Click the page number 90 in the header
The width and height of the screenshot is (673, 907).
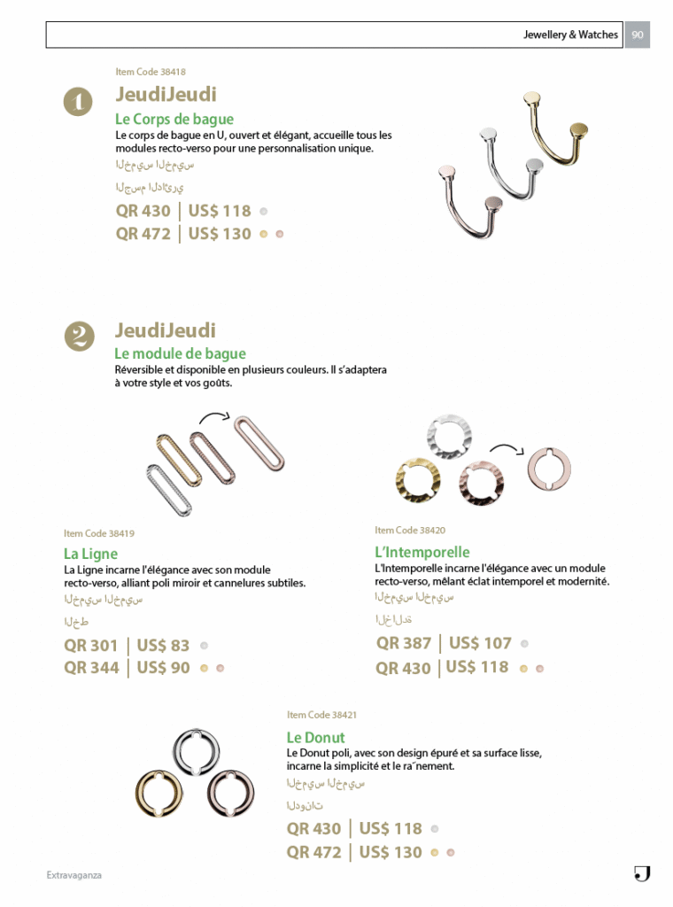(x=637, y=35)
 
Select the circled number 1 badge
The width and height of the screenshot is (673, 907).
(x=78, y=102)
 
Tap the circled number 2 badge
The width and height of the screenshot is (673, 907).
(x=79, y=336)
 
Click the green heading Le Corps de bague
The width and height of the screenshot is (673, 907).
(x=174, y=119)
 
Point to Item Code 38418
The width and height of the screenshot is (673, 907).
(x=151, y=72)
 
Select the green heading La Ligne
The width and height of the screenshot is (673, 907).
(x=90, y=554)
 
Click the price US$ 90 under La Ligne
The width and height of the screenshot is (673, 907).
(x=163, y=668)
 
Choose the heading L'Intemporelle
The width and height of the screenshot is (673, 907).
(x=422, y=552)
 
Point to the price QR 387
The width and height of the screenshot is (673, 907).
(x=404, y=644)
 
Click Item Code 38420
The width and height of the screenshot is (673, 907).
(x=410, y=531)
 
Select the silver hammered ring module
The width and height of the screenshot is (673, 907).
(x=445, y=436)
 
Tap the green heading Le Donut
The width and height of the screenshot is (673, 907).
(x=315, y=737)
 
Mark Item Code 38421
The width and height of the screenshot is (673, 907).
(x=321, y=715)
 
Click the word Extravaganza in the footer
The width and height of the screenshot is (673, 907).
(x=74, y=875)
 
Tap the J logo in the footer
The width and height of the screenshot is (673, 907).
(x=642, y=874)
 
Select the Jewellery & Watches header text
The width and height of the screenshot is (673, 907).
(x=570, y=35)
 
